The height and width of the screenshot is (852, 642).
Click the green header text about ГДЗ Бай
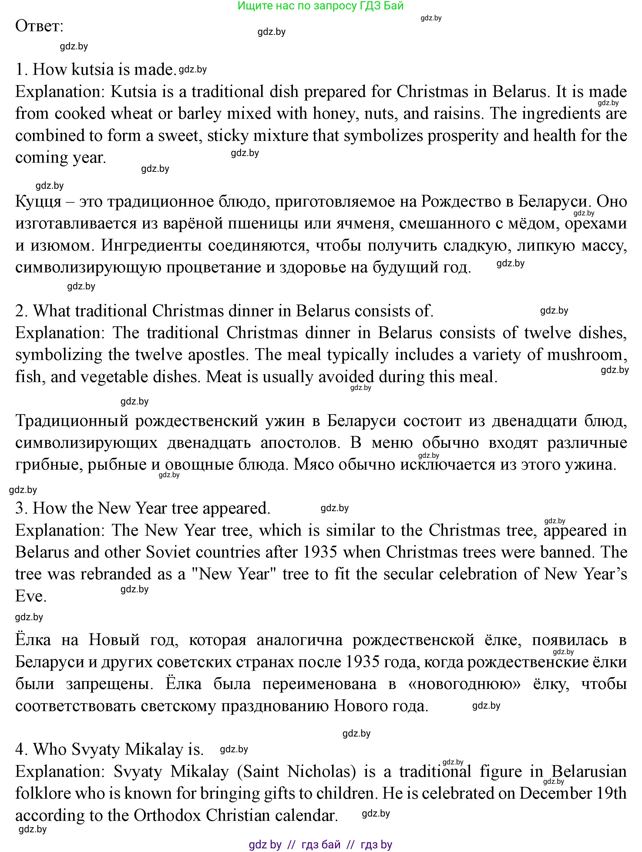point(321,6)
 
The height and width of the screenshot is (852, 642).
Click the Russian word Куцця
point(38,202)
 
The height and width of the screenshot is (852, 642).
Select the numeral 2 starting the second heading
point(19,311)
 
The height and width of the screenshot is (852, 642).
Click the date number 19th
point(611,794)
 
